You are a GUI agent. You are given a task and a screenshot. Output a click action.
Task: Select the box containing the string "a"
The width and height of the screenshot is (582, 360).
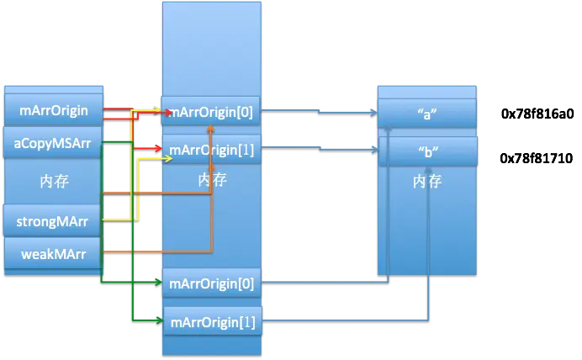click(427, 115)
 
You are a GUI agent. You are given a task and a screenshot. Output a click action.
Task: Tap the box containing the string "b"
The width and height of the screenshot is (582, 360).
click(427, 152)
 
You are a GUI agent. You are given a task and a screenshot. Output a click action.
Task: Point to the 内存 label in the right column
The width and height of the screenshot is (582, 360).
click(427, 181)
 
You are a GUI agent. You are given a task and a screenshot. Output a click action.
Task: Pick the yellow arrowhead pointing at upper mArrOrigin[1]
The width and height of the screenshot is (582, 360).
click(157, 158)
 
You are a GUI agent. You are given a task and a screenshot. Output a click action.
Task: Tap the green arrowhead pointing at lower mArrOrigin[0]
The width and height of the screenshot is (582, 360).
click(157, 283)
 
